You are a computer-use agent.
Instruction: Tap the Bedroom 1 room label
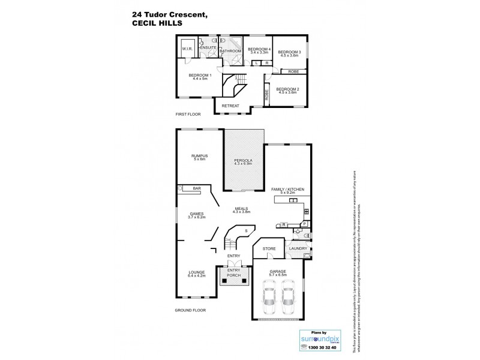(x=200, y=76)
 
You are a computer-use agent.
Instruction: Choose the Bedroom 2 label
(x=287, y=89)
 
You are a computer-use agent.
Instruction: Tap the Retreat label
(x=230, y=106)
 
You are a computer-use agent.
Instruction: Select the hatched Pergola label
(x=244, y=161)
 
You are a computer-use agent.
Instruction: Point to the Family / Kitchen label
(x=288, y=189)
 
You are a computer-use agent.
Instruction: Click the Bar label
(x=196, y=189)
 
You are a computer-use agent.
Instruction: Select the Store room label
(x=269, y=248)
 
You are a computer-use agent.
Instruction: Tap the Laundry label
(x=298, y=248)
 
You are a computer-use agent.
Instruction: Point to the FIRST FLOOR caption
(x=188, y=114)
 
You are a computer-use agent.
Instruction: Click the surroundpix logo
(x=319, y=339)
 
